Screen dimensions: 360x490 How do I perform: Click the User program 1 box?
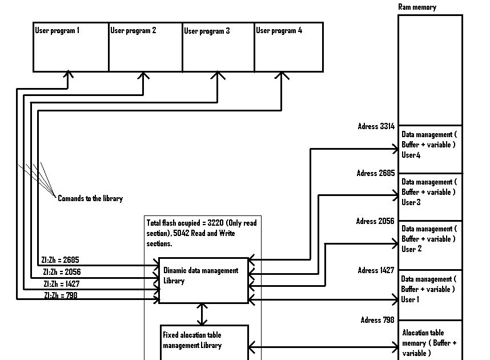click(x=71, y=47)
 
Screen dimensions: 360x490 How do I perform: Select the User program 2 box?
click(x=145, y=47)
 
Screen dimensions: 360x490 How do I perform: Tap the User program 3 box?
click(x=218, y=47)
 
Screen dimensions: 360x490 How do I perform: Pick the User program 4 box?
click(x=288, y=47)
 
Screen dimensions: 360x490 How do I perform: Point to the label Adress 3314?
click(x=375, y=126)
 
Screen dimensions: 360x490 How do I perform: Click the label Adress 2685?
click(x=375, y=173)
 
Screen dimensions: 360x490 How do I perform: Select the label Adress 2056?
click(x=375, y=221)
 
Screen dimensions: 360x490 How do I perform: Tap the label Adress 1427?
click(x=375, y=270)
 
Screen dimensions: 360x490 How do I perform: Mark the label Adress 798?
click(x=377, y=320)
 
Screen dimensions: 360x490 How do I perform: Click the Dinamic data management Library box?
click(x=203, y=280)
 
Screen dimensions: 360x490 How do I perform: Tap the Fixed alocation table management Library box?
click(x=204, y=342)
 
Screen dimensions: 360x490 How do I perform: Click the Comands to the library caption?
click(x=90, y=198)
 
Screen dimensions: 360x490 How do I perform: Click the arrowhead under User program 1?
click(x=69, y=74)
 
